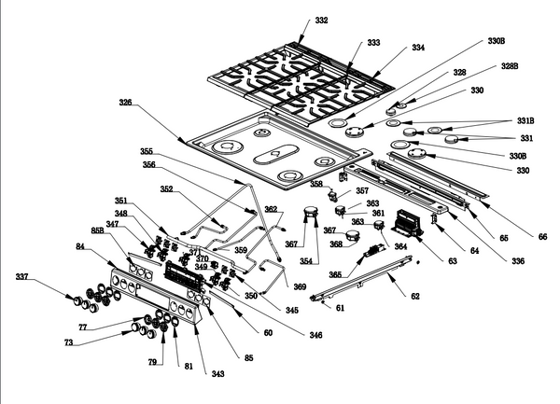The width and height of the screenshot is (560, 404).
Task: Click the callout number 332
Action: click(x=321, y=20)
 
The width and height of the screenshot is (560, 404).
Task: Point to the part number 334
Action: click(x=418, y=47)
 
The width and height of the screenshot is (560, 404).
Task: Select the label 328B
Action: click(x=510, y=68)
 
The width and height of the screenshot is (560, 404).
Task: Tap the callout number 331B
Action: click(x=526, y=120)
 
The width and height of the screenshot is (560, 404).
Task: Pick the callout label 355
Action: click(x=147, y=151)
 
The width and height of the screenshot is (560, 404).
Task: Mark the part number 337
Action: click(x=22, y=277)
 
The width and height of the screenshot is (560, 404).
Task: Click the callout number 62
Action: click(x=415, y=296)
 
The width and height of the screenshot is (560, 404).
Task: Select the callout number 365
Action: click(x=334, y=274)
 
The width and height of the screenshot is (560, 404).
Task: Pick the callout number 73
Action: click(x=69, y=343)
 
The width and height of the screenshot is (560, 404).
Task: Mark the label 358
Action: click(x=316, y=184)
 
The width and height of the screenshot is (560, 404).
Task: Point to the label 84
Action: click(x=80, y=245)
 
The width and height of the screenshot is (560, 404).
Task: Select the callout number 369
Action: click(x=300, y=286)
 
